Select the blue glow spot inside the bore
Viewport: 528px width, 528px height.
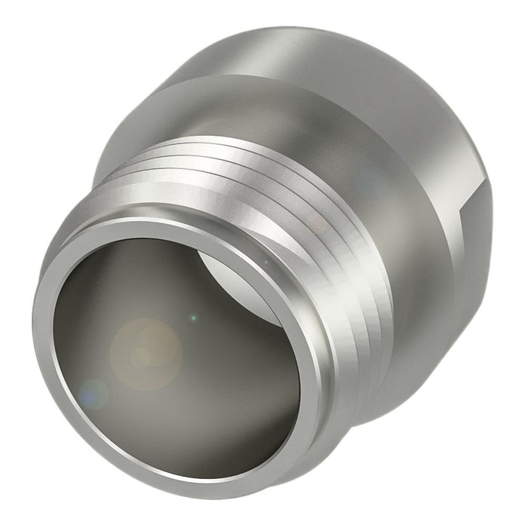click(x=94, y=392)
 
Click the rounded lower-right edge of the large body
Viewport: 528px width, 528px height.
click(x=422, y=377)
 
